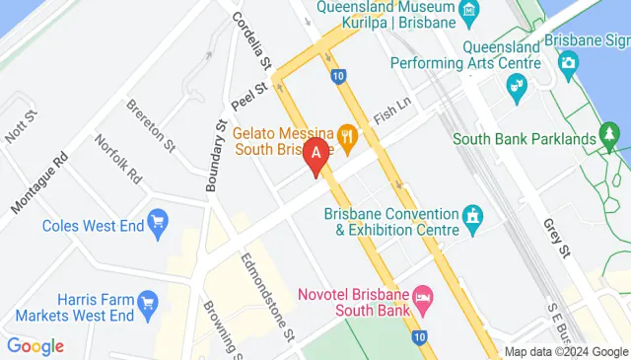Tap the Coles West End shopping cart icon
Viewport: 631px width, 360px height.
(157, 225)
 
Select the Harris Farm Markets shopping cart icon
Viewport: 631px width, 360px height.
(149, 300)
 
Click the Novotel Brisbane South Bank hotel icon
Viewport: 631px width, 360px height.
(422, 297)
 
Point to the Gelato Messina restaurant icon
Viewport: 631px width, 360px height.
(346, 133)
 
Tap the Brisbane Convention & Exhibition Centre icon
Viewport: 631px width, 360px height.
(473, 215)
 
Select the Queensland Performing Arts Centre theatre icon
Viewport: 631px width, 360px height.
(515, 88)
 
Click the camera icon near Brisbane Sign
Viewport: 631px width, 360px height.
(568, 63)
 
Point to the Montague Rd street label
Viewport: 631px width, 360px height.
(39, 184)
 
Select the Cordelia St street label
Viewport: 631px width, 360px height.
(251, 40)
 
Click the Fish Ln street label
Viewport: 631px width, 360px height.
(389, 112)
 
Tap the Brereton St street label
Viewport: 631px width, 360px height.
(150, 130)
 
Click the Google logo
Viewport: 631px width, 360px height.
(35, 345)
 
